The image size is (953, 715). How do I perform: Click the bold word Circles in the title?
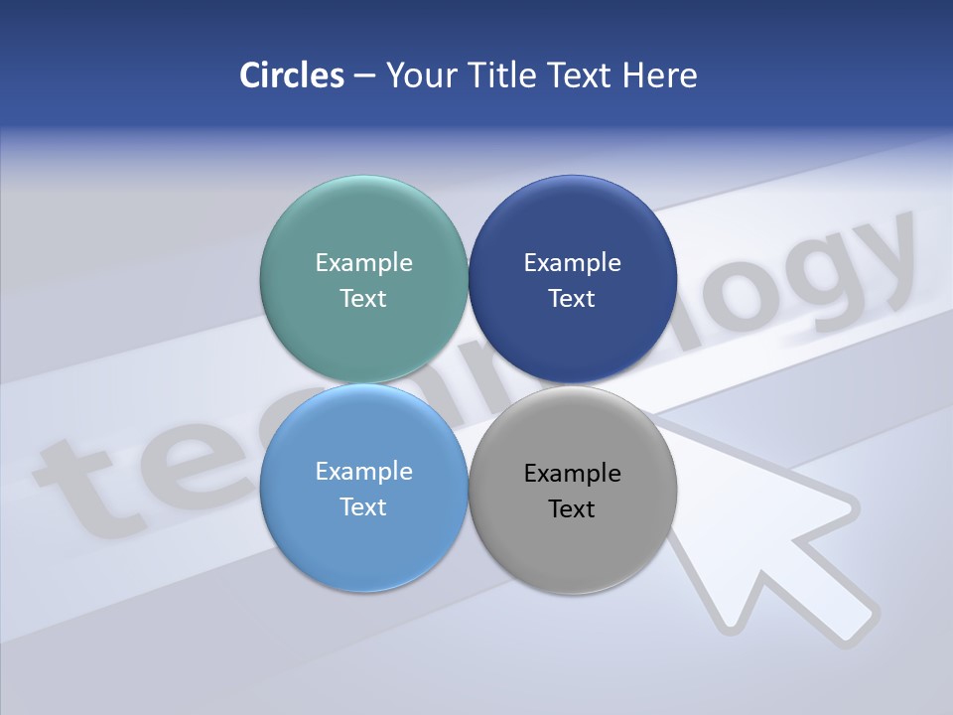point(292,75)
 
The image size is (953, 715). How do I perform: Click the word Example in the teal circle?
point(363,262)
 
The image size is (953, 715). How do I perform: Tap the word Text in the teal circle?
point(363,299)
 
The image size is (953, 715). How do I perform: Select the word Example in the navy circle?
point(573,262)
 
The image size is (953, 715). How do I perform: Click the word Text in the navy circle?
point(573,299)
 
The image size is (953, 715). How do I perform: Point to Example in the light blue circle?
point(363,471)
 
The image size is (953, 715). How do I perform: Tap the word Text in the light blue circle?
point(363,507)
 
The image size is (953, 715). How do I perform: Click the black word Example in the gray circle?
point(573,473)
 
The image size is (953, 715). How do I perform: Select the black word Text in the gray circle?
point(573,509)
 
